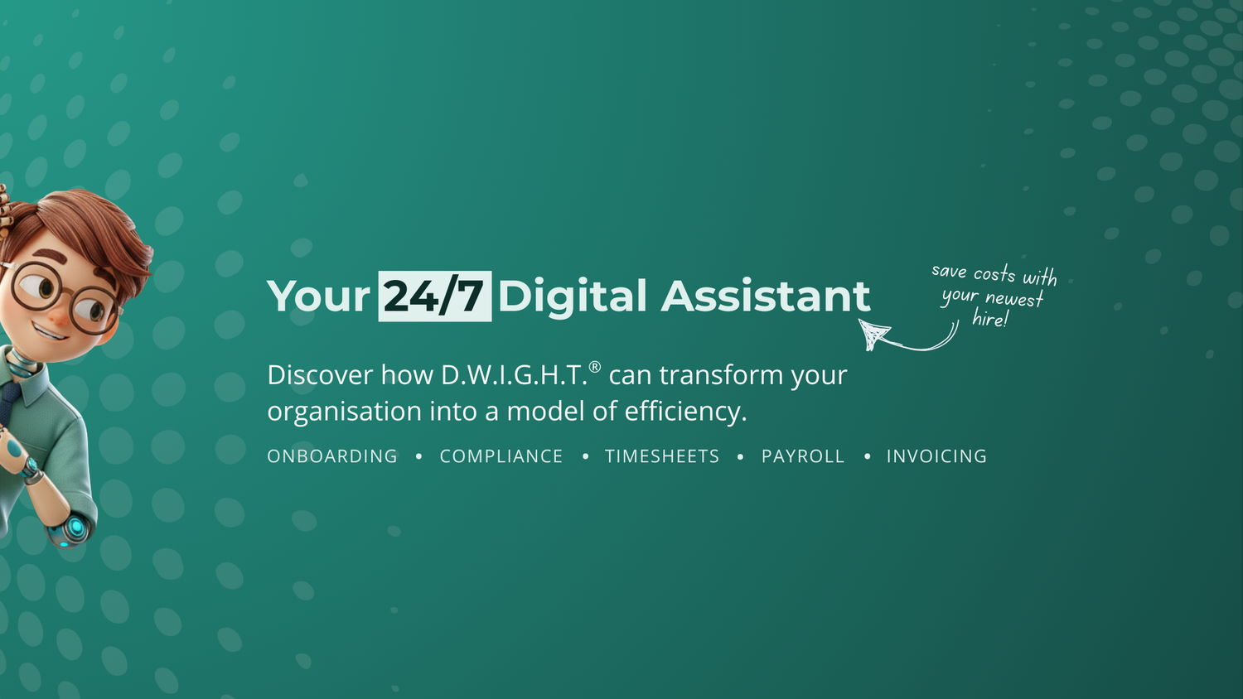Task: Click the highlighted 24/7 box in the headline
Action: (x=434, y=296)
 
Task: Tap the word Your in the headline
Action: (x=318, y=296)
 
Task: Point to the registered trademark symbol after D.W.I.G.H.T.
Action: (x=594, y=367)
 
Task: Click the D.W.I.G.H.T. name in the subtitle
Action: (x=514, y=375)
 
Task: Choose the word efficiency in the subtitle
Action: (x=686, y=412)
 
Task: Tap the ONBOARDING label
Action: (x=332, y=456)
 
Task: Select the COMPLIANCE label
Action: (x=501, y=456)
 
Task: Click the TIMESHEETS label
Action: (x=662, y=456)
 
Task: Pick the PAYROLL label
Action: (x=803, y=456)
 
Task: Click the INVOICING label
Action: (x=936, y=456)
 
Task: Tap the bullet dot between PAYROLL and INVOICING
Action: (x=868, y=456)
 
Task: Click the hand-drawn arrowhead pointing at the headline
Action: (x=873, y=334)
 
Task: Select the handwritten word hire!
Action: (x=990, y=318)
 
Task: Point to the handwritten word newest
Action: (x=1014, y=298)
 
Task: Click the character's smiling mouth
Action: (x=49, y=332)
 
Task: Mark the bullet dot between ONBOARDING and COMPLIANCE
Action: (x=419, y=456)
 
